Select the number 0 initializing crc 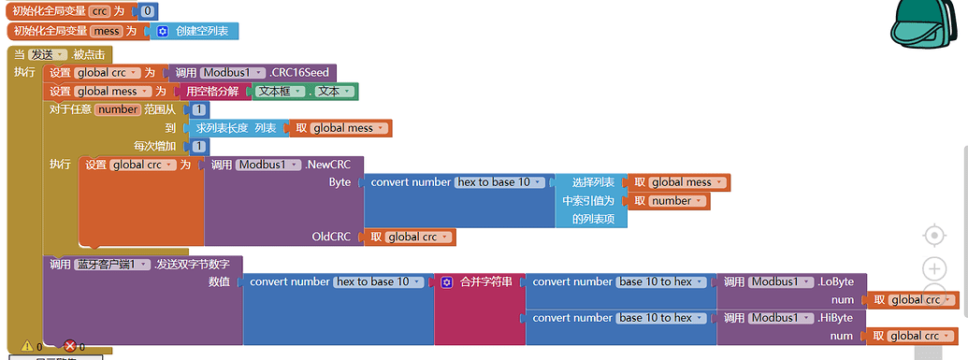(x=148, y=11)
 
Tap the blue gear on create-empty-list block (x=162, y=31)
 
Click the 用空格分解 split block (x=212, y=92)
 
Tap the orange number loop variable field (x=118, y=109)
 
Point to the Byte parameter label (x=340, y=182)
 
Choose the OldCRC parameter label (x=331, y=238)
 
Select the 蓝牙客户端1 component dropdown (x=113, y=265)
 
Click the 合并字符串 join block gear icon (x=446, y=281)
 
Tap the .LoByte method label (x=835, y=281)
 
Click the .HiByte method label (x=835, y=318)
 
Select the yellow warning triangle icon (x=24, y=346)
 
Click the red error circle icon (x=68, y=346)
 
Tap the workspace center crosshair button (x=934, y=235)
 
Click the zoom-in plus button (x=934, y=269)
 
